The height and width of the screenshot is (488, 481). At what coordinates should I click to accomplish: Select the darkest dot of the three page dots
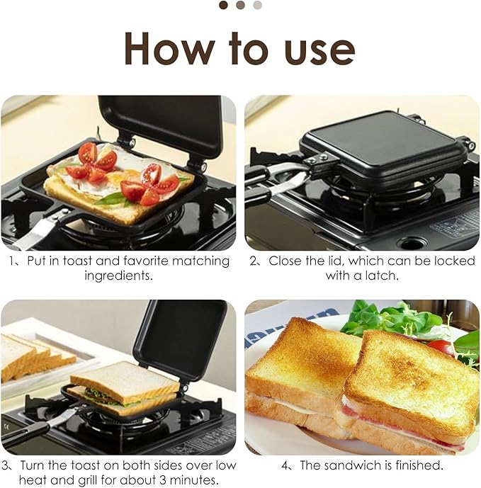click(223, 5)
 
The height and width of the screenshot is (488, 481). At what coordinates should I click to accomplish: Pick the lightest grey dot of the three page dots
click(257, 5)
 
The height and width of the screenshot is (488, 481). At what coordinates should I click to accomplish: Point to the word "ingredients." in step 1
click(118, 275)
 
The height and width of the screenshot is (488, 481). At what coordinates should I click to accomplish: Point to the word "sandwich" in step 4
click(351, 465)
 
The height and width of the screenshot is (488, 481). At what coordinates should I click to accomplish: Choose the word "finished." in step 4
click(419, 465)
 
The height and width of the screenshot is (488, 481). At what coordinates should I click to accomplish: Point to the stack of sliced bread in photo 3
click(35, 358)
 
